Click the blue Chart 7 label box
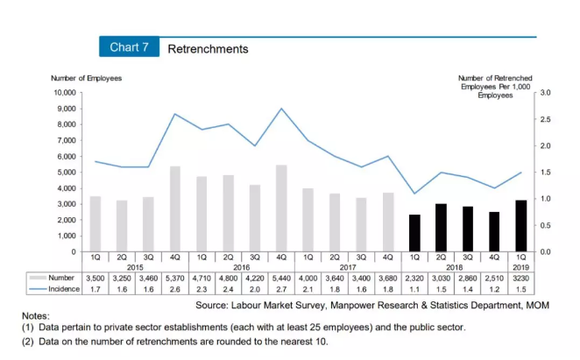point(129,48)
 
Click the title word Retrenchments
point(208,49)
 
